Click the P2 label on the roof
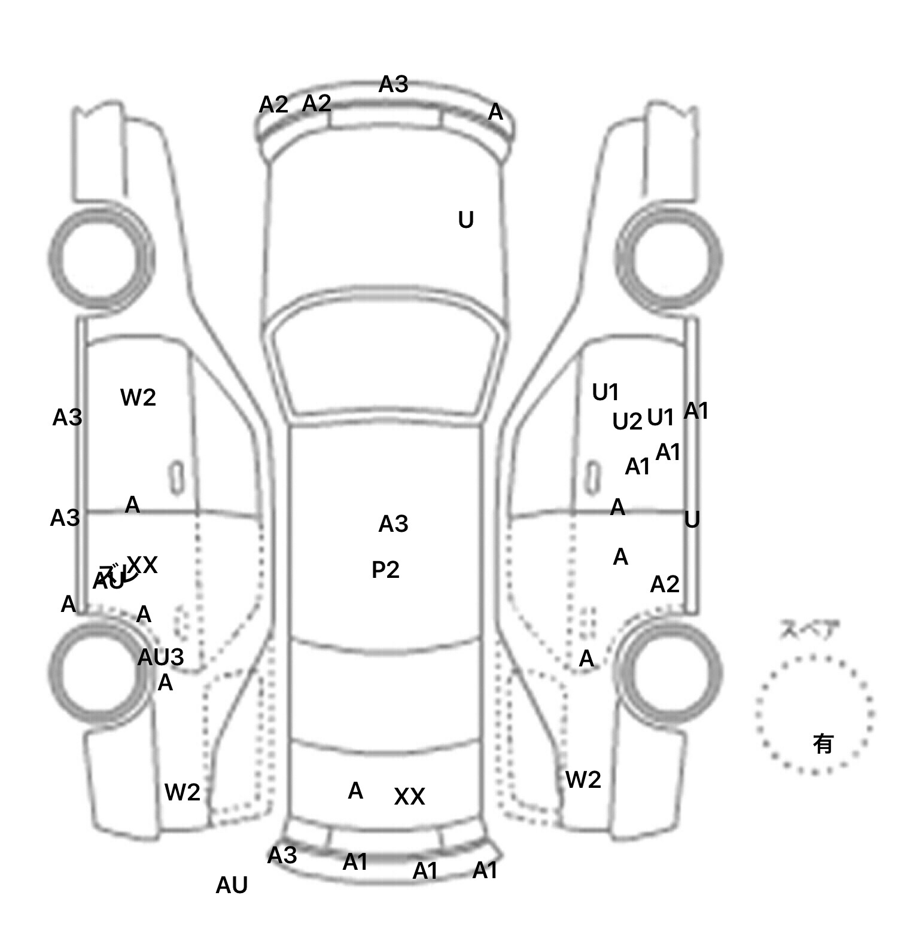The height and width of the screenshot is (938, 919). pyautogui.click(x=385, y=569)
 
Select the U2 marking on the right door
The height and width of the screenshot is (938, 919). pyautogui.click(x=626, y=422)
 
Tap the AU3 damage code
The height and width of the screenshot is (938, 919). pyautogui.click(x=160, y=657)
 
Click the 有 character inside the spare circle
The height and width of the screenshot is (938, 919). pyautogui.click(x=823, y=744)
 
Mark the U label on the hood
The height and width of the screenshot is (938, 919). pyautogui.click(x=465, y=220)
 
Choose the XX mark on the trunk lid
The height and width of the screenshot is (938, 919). pyautogui.click(x=409, y=796)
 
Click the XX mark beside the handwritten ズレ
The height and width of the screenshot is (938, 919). pyautogui.click(x=142, y=564)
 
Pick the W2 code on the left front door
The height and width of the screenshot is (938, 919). pyautogui.click(x=138, y=397)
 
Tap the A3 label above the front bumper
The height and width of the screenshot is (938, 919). pyautogui.click(x=393, y=84)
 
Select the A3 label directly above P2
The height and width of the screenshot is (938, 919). pyautogui.click(x=393, y=524)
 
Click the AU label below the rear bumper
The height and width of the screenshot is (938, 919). pyautogui.click(x=232, y=885)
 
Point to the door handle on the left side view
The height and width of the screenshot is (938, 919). pyautogui.click(x=177, y=477)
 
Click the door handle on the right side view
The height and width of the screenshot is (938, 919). pyautogui.click(x=592, y=477)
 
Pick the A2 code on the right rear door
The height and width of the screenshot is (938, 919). pyautogui.click(x=664, y=584)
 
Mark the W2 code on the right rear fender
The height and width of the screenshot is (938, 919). pyautogui.click(x=583, y=779)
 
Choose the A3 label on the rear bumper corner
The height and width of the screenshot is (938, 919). pyautogui.click(x=282, y=855)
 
